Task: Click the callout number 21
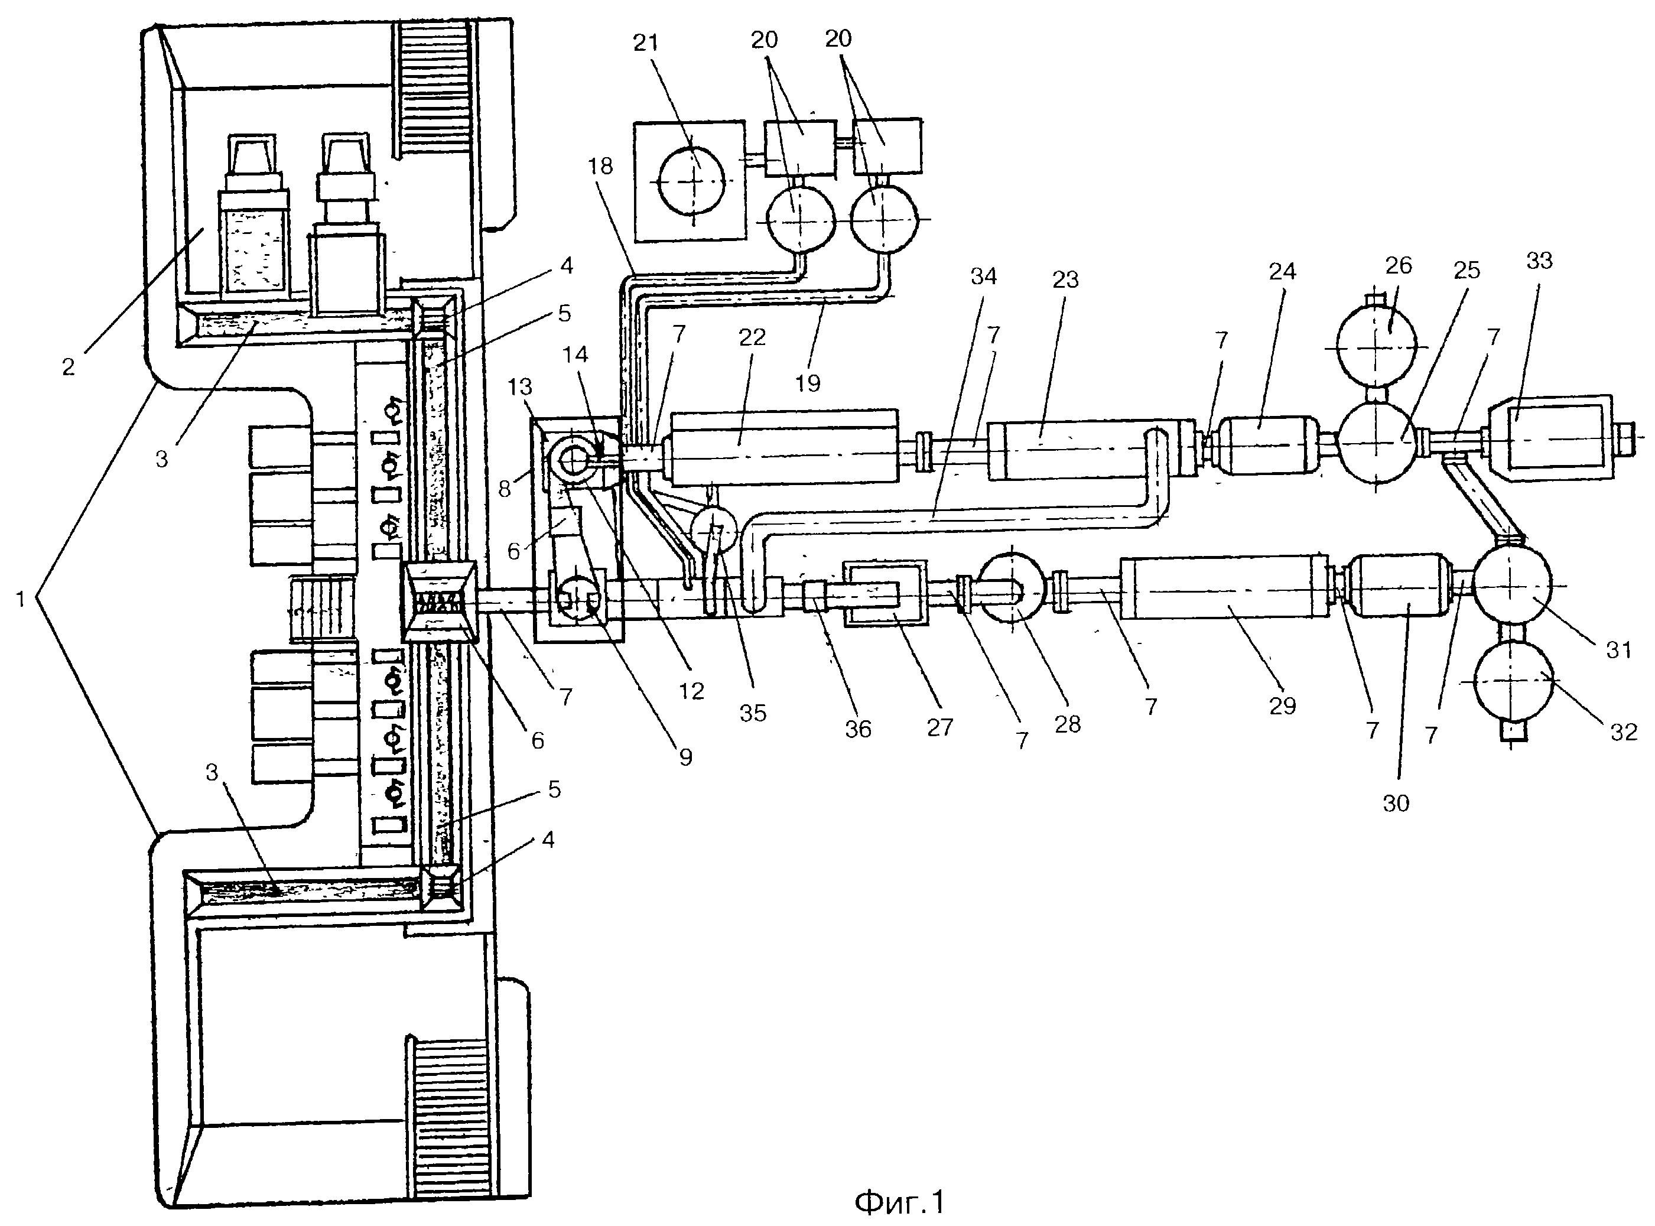point(646,43)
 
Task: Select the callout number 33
point(1540,261)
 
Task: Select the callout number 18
point(600,165)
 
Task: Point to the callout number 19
point(808,383)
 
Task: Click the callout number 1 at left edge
point(21,598)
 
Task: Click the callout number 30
point(1396,802)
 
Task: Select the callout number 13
point(520,386)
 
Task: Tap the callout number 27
point(939,727)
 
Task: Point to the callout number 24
point(1282,272)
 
